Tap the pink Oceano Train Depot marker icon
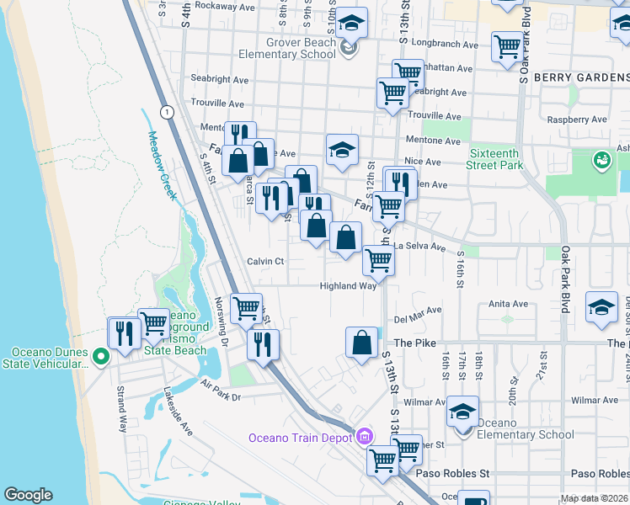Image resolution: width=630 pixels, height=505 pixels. pos(364,436)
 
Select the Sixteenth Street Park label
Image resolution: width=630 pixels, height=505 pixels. pos(495,159)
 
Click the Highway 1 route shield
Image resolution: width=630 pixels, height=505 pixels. pos(168,112)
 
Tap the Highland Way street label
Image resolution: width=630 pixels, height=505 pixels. pos(348,286)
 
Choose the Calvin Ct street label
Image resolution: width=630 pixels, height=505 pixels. pos(265,262)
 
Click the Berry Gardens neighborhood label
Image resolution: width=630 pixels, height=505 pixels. pos(582,77)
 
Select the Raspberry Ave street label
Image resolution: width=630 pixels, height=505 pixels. pos(577,120)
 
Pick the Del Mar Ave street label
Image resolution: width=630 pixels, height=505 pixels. pos(418,311)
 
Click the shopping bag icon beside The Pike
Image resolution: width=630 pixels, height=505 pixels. pos(361,343)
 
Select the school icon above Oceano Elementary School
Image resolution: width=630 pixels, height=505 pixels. pos(462,412)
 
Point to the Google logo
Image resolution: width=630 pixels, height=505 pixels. pos(28,495)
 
